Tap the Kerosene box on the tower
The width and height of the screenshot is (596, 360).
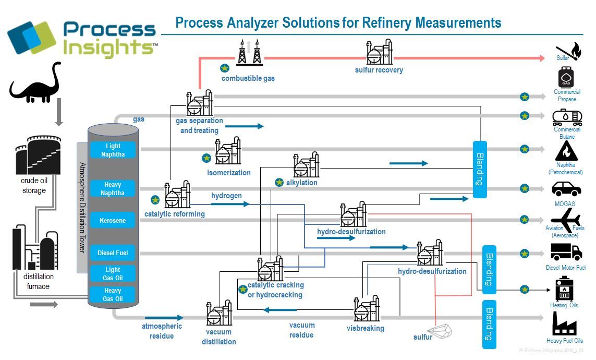(113, 221)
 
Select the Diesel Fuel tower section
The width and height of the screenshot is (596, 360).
(113, 253)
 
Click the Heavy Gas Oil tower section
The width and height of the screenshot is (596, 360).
(113, 295)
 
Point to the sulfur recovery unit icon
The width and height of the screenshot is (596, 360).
(380, 52)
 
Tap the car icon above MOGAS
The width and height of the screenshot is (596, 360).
(566, 188)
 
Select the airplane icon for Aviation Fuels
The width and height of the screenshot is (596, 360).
(566, 218)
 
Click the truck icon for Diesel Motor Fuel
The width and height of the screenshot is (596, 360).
(566, 253)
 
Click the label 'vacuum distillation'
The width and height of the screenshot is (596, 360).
(219, 337)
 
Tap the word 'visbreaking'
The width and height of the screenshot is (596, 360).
(365, 328)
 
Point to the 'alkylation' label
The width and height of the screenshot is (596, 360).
(301, 183)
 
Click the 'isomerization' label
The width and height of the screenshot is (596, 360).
(229, 173)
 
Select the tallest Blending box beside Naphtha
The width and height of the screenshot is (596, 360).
(480, 169)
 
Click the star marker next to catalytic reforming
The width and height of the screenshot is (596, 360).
(155, 199)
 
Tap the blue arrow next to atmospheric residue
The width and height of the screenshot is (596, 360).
(164, 317)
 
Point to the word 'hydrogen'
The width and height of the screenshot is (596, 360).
(226, 196)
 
